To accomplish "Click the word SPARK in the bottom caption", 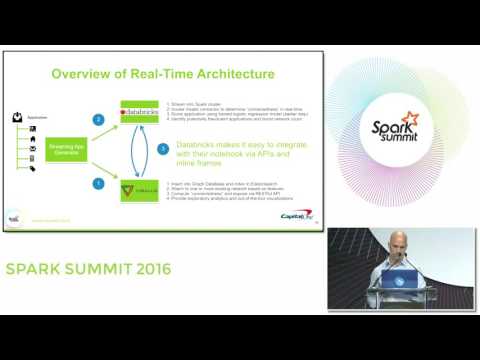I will click(x=37, y=270).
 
